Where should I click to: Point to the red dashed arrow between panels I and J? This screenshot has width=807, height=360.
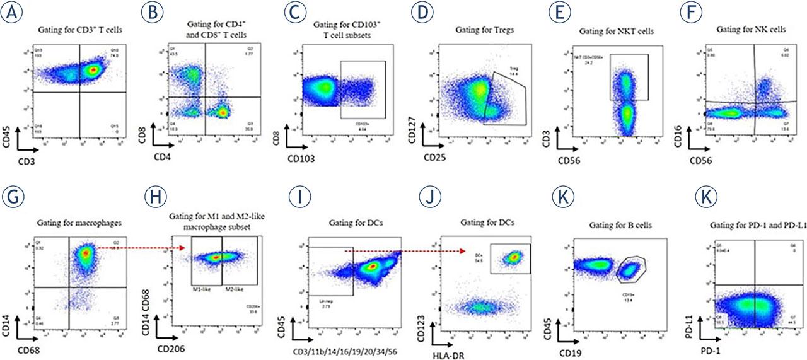[403, 250]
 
